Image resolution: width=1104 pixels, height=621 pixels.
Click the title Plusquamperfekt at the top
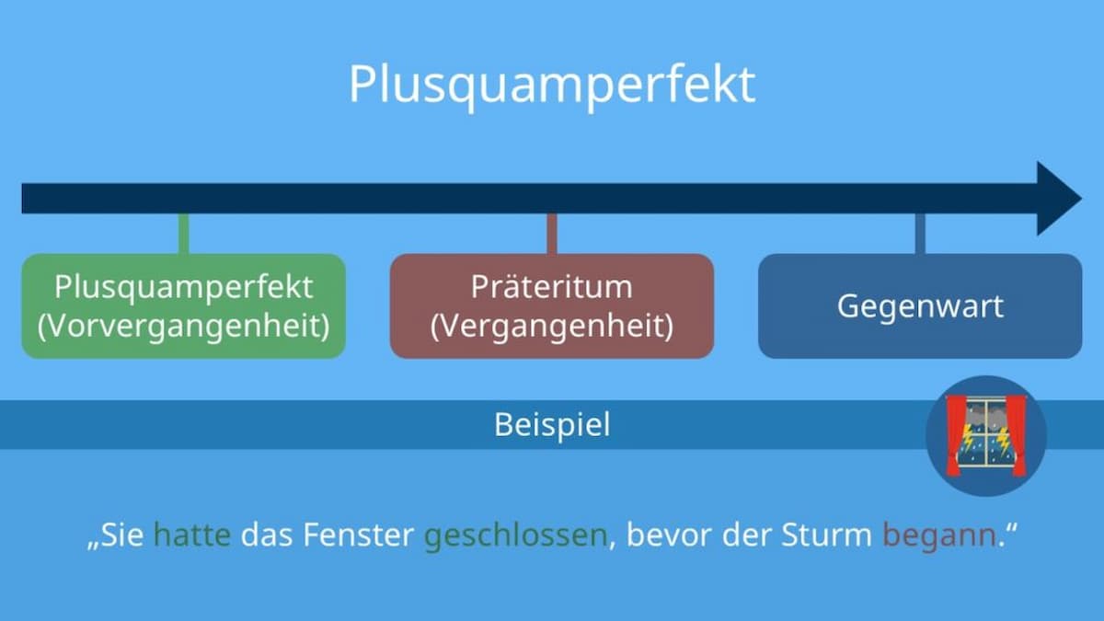point(551,84)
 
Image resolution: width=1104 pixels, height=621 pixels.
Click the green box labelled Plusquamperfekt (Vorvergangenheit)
point(184,305)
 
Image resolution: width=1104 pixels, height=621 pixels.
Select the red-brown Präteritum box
point(552,305)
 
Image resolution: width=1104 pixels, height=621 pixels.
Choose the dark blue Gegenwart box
point(920,305)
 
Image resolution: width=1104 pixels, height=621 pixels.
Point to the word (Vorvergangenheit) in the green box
point(184,326)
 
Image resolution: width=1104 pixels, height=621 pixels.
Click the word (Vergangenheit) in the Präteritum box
point(552,326)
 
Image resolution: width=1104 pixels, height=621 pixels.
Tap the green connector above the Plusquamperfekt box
point(184,234)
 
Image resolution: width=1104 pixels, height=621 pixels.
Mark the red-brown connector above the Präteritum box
point(552,234)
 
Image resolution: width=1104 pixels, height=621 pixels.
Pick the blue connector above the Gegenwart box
point(920,234)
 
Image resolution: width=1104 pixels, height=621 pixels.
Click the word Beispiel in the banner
point(552,425)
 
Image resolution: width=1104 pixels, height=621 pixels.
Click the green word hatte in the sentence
point(192,535)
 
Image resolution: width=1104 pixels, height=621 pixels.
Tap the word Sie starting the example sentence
point(123,535)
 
